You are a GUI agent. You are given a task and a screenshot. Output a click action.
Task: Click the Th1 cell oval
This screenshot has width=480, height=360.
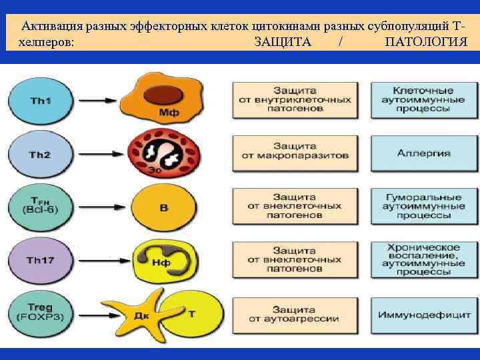(41, 100)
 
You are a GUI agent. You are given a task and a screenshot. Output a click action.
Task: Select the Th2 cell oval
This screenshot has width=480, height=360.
(41, 154)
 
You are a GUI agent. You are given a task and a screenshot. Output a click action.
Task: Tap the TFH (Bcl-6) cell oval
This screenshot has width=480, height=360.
(41, 206)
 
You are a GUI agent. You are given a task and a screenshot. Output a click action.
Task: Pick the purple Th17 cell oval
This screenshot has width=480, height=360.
(41, 260)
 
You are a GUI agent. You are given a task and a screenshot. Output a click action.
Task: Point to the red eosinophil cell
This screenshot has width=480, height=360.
(164, 152)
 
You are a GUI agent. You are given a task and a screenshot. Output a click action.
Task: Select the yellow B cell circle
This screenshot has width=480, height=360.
(163, 207)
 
